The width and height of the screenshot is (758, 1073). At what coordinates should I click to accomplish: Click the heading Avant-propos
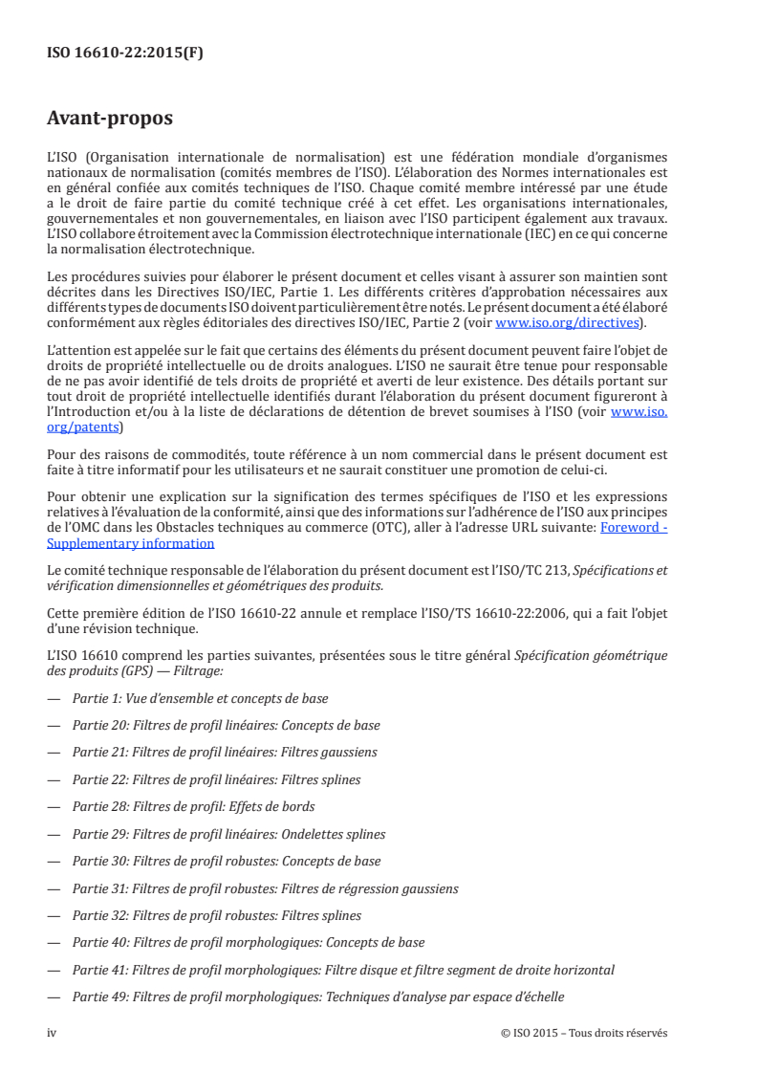110,119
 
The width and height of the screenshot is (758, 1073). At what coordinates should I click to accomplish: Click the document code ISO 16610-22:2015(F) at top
125,54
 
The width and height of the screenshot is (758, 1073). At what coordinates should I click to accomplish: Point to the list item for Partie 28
193,806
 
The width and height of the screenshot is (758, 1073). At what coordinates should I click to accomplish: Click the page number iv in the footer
53,1033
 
